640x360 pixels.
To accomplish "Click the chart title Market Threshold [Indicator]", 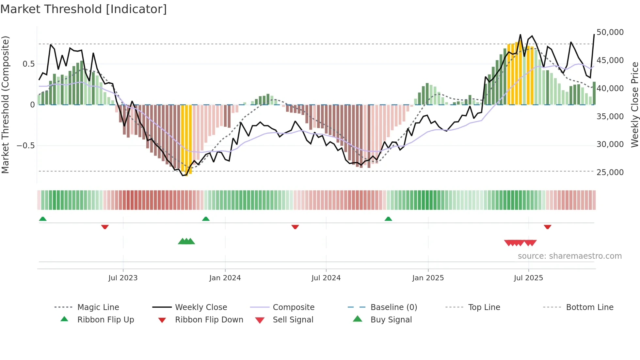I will tap(84, 9).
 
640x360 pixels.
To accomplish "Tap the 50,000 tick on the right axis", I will tap(610, 32).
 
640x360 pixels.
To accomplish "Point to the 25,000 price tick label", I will tap(610, 172).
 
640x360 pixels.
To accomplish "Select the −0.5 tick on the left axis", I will tap(26, 145).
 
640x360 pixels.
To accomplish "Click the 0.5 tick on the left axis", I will tap(28, 64).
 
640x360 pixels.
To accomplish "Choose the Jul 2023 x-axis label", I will tap(123, 278).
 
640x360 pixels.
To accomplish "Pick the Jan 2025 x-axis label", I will tap(428, 278).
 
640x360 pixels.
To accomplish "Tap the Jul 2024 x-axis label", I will tap(326, 278).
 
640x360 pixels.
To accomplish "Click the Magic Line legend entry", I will tap(98, 307).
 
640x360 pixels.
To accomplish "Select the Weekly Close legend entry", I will tap(201, 307).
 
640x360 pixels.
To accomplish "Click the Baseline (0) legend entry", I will tap(393, 307).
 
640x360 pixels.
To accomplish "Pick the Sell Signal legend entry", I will tap(293, 320).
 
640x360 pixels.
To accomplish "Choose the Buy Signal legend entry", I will tap(391, 320).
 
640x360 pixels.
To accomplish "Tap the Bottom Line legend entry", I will tap(589, 307).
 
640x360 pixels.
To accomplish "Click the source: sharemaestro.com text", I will tap(569, 256).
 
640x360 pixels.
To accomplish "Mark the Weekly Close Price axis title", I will tap(634, 105).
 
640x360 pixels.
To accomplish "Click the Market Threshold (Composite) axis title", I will tap(5, 105).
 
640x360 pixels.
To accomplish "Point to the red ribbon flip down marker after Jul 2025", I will tap(547, 227).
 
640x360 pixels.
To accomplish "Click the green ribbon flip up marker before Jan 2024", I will tap(206, 219).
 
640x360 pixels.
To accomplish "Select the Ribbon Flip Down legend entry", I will tap(209, 320).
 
